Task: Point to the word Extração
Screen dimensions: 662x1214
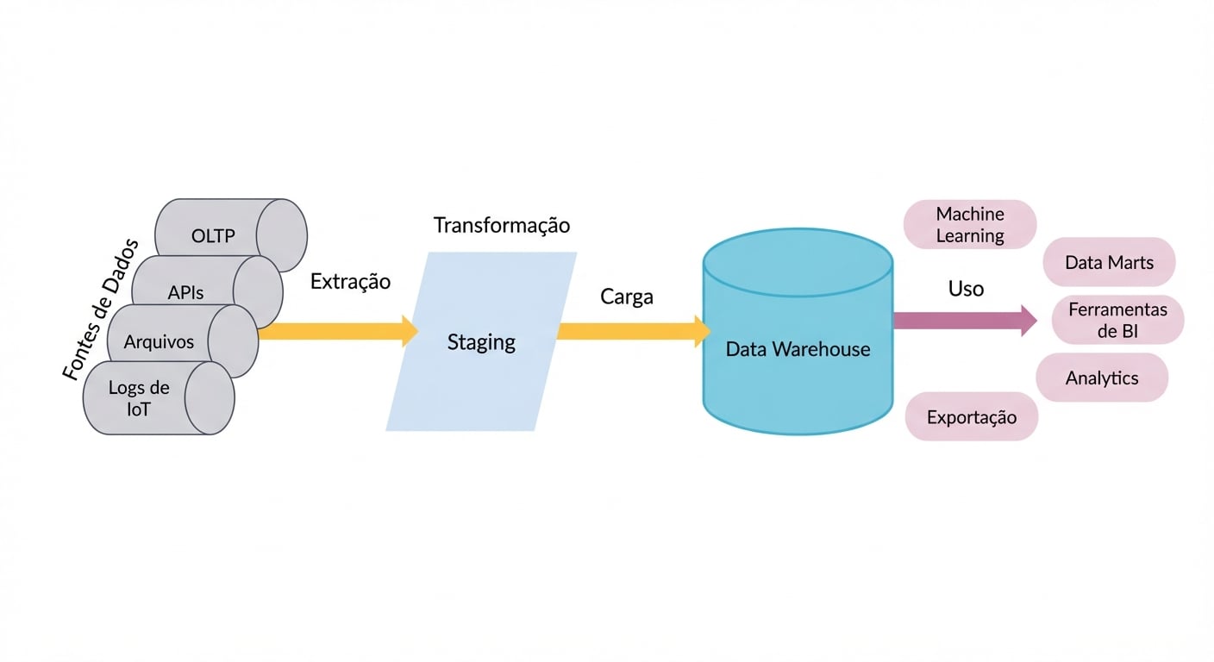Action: tap(350, 282)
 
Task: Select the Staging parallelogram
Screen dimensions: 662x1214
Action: tap(481, 342)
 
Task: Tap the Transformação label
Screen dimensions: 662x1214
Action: tap(501, 226)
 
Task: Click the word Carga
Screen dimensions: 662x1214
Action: tap(627, 297)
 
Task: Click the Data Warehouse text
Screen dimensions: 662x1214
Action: tap(798, 349)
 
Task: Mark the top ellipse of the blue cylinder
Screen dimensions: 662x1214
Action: tap(798, 256)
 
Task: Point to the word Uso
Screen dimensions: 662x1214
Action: tap(966, 289)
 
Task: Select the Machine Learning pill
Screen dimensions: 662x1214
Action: tap(970, 225)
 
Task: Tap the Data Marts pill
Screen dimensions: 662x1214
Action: tap(1109, 262)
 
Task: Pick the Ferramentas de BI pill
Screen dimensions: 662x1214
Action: tap(1117, 320)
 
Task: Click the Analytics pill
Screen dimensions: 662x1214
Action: tap(1102, 378)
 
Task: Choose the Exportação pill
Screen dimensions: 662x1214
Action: tap(972, 417)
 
